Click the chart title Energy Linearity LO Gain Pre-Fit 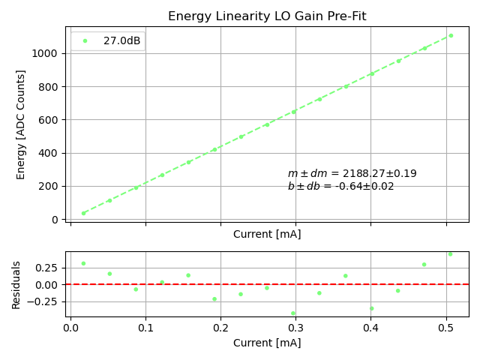click(267, 16)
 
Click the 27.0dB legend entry click(121, 40)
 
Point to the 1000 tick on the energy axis click(47, 53)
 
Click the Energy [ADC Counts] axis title click(21, 124)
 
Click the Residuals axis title click(16, 285)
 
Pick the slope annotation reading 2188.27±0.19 click(352, 174)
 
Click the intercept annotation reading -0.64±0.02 click(340, 187)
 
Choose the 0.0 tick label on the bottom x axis click(70, 328)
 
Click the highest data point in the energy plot click(451, 35)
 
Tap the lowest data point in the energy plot click(83, 213)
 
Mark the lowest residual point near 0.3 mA click(293, 313)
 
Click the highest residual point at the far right click(450, 254)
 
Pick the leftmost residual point click(83, 263)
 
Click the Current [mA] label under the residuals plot click(267, 343)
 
